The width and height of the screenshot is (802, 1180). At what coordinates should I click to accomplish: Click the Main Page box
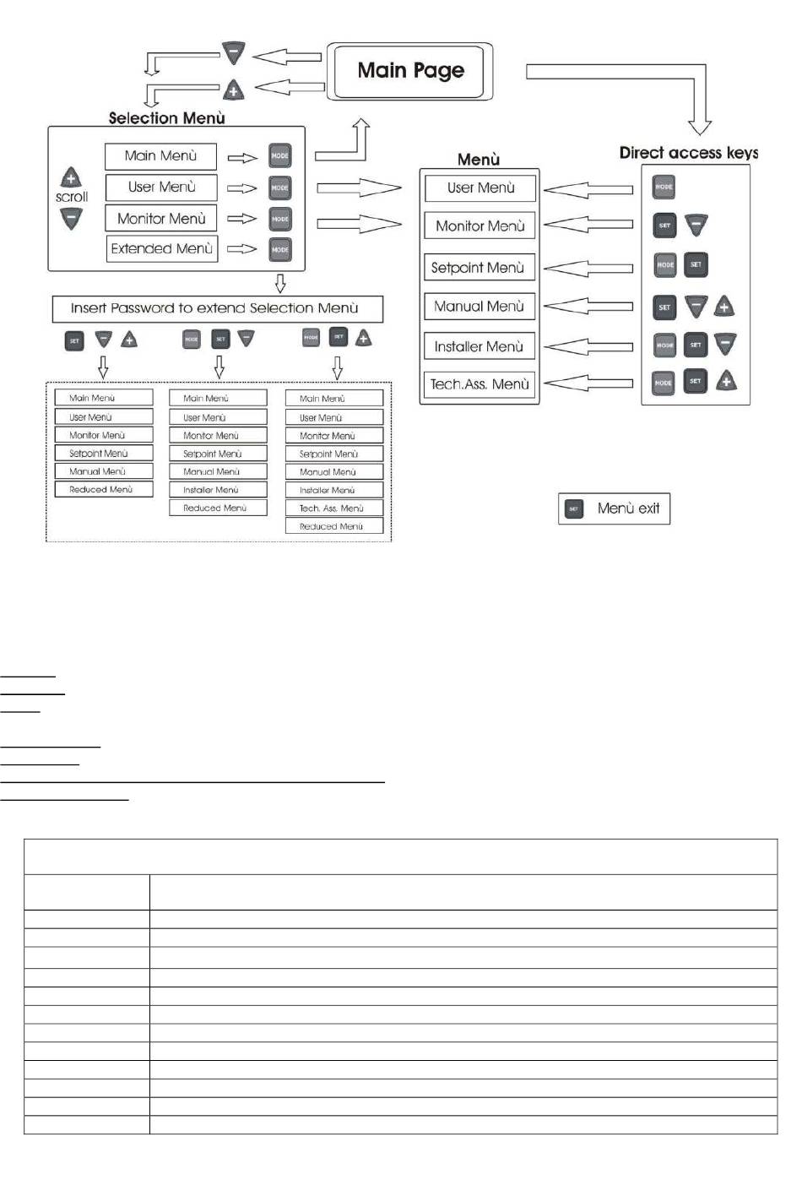point(410,71)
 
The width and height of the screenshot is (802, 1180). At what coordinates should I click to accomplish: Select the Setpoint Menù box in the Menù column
point(479,268)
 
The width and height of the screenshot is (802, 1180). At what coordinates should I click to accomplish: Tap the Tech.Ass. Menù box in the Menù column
point(479,384)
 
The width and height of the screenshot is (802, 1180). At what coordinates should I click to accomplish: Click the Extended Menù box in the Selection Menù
point(161,249)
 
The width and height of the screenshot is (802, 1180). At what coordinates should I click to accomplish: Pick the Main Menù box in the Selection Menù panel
point(160,156)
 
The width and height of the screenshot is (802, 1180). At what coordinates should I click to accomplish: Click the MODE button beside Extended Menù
point(280,250)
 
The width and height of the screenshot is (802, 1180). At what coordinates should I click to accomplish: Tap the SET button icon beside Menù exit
point(574,509)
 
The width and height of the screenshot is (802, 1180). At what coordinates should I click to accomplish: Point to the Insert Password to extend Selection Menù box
point(216,308)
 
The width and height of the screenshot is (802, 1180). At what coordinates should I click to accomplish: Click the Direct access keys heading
point(688,153)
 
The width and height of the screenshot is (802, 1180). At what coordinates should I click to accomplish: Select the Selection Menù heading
point(166,118)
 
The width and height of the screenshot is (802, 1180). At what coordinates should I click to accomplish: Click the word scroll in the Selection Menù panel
point(72,198)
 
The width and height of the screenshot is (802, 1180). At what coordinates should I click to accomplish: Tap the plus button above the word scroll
point(71,178)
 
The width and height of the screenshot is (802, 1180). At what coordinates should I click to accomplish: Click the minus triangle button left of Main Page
point(234,53)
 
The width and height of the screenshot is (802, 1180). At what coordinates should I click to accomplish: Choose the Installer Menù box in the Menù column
point(479,346)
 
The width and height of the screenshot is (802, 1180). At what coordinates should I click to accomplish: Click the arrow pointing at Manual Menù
point(588,307)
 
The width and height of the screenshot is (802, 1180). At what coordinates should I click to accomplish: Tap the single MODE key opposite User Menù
point(664,187)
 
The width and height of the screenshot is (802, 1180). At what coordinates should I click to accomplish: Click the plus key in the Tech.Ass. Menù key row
point(726,382)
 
